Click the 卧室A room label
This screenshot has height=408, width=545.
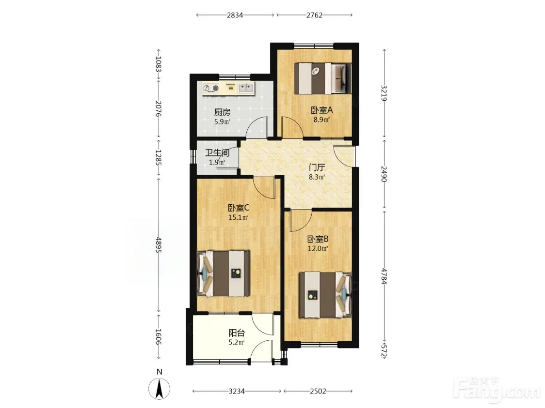click(321, 110)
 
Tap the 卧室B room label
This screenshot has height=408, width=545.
click(318, 239)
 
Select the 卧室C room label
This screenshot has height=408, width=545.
click(239, 208)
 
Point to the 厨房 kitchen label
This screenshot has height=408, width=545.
click(222, 112)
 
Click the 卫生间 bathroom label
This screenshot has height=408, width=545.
click(217, 152)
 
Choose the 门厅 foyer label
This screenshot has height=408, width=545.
click(317, 167)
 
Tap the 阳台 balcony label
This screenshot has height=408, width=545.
click(237, 333)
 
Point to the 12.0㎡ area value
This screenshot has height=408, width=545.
click(318, 248)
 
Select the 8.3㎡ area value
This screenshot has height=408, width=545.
click(317, 177)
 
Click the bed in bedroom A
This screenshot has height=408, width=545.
click(323, 78)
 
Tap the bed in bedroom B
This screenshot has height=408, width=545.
click(325, 295)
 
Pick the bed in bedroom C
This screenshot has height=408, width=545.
click(223, 273)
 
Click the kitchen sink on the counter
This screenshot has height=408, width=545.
click(246, 88)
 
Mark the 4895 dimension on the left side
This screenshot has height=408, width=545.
click(159, 244)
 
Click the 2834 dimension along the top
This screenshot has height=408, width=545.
click(235, 15)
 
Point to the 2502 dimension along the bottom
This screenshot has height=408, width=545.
click(318, 392)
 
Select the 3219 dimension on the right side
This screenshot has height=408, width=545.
click(384, 93)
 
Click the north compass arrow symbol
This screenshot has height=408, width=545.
click(159, 389)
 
